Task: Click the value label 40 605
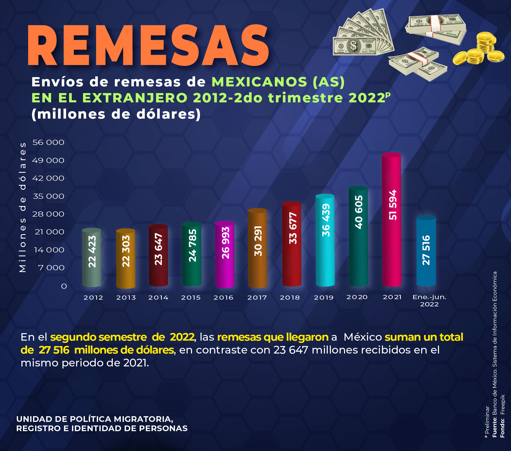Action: click(x=358, y=212)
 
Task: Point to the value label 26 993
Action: click(x=225, y=243)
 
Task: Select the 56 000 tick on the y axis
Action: click(x=48, y=142)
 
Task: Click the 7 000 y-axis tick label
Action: click(x=51, y=268)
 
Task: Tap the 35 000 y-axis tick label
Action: click(x=49, y=196)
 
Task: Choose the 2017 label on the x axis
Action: click(x=257, y=298)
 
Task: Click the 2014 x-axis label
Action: click(x=158, y=298)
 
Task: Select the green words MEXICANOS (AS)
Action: click(x=278, y=82)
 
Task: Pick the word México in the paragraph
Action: click(x=363, y=337)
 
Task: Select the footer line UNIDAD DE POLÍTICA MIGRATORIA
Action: click(x=95, y=419)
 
